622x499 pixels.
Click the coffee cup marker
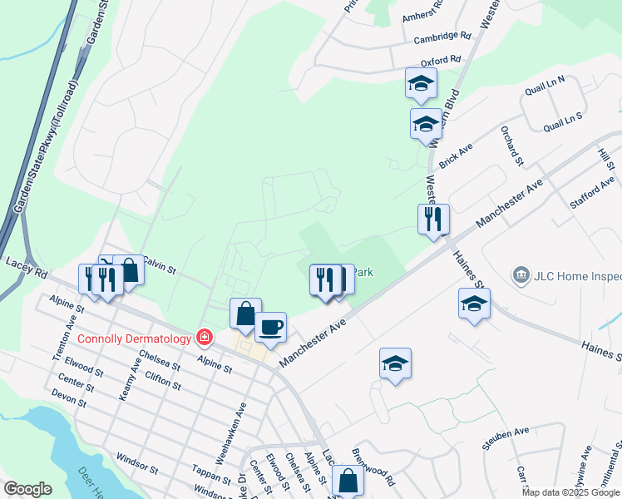pos(270,327)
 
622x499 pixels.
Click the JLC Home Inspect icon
pos(521,274)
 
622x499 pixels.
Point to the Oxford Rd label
pos(440,61)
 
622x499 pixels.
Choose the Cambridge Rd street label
pos(443,37)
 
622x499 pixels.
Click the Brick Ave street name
pos(455,154)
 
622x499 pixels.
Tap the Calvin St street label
pos(159,268)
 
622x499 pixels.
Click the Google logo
pos(27,489)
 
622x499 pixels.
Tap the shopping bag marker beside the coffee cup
pos(245,314)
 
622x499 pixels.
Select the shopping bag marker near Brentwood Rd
pos(348,481)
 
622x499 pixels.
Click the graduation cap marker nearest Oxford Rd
pos(421,83)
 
